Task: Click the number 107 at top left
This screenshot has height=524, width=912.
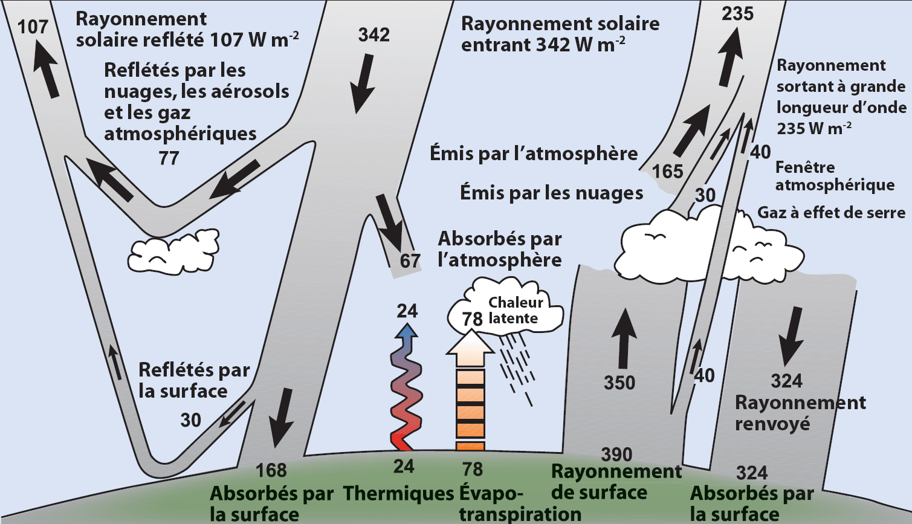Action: [x=33, y=27]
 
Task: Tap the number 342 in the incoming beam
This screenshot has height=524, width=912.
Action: [x=374, y=35]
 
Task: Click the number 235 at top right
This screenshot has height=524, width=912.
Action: [x=737, y=13]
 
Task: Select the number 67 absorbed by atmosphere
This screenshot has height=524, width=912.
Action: [x=410, y=261]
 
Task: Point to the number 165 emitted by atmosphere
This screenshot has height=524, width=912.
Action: [x=667, y=172]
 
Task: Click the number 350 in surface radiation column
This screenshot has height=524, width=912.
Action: [x=619, y=383]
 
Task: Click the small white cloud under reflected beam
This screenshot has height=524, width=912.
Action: [x=174, y=251]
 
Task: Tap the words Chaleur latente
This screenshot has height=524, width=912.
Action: [x=515, y=310]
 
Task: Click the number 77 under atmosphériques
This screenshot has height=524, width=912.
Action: [x=169, y=158]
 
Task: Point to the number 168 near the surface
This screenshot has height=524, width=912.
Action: [x=271, y=470]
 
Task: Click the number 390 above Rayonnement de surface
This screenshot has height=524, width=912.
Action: [x=616, y=454]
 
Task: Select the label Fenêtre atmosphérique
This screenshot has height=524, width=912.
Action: [x=834, y=176]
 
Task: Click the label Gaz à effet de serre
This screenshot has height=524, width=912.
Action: [x=831, y=213]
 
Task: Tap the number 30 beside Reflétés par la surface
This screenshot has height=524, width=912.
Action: [x=190, y=420]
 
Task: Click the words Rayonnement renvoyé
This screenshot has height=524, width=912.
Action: [x=799, y=413]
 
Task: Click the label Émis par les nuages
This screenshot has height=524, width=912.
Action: [x=551, y=193]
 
